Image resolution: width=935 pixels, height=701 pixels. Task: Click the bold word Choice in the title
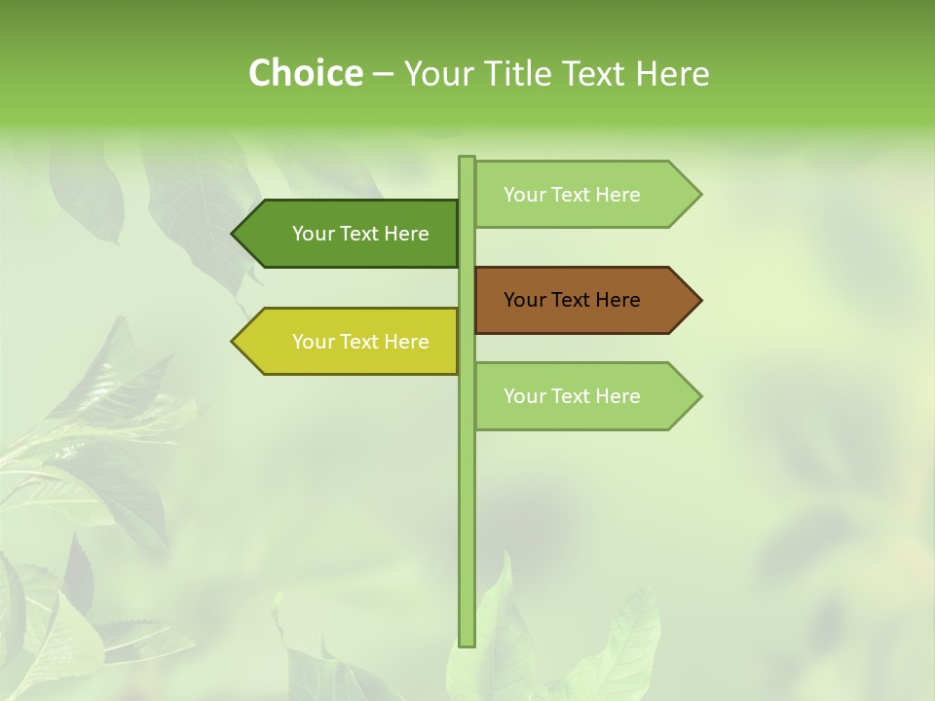pyautogui.click(x=305, y=73)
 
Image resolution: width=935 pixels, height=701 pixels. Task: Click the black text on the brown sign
pyautogui.click(x=572, y=300)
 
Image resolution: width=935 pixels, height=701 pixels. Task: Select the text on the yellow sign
pyautogui.click(x=360, y=342)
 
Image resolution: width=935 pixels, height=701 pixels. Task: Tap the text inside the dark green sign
pyautogui.click(x=360, y=234)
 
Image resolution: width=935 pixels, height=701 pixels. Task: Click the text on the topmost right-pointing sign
pyautogui.click(x=572, y=195)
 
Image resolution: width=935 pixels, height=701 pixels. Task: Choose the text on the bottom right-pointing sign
pyautogui.click(x=572, y=396)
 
